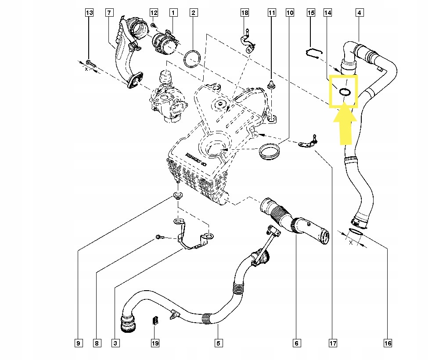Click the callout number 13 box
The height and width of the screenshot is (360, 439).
(89, 13)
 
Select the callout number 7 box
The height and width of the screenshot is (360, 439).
(108, 13)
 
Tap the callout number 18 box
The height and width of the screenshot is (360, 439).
(245, 13)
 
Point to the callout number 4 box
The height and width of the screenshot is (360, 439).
(359, 13)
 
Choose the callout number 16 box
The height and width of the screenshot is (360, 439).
(387, 342)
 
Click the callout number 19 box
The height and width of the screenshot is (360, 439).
(155, 342)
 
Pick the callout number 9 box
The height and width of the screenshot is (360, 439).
(79, 342)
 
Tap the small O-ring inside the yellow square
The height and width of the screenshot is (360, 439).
(345, 91)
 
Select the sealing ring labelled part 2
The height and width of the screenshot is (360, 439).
(192, 58)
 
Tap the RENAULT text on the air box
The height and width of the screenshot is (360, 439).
(196, 159)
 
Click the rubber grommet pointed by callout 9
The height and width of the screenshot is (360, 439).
(178, 195)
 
